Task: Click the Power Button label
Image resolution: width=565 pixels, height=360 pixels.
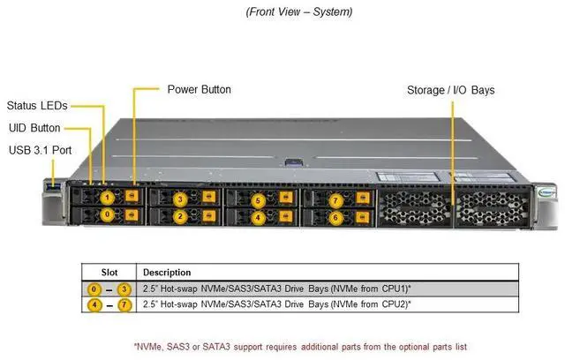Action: tap(199, 89)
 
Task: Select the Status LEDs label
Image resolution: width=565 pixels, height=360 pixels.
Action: tap(37, 106)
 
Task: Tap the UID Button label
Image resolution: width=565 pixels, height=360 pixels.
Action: tap(34, 128)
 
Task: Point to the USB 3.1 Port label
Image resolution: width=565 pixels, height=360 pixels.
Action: tap(40, 149)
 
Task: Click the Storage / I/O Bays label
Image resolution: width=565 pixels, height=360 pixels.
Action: tap(450, 90)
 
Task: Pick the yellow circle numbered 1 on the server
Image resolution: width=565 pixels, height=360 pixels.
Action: tap(106, 198)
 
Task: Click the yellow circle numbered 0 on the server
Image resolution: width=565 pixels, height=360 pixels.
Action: tap(106, 214)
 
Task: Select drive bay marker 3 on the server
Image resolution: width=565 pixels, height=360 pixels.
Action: tap(180, 199)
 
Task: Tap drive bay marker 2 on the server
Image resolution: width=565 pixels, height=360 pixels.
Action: tap(180, 215)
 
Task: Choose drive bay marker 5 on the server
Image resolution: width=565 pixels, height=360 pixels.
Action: tap(258, 200)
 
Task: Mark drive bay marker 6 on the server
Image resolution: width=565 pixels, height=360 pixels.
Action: tap(335, 216)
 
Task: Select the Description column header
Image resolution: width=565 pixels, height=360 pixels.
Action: tap(167, 273)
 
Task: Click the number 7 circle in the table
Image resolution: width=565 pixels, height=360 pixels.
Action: tap(125, 304)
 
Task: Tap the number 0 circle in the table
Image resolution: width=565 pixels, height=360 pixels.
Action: tap(94, 289)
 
